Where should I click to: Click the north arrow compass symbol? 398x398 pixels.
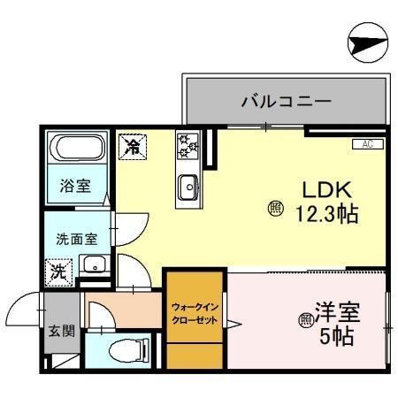(x=367, y=42)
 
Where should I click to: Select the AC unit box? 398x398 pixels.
(x=366, y=143)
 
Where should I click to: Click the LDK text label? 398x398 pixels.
(x=329, y=189)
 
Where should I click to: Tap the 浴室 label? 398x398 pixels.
(x=74, y=186)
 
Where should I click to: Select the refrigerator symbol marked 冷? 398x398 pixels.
(x=134, y=144)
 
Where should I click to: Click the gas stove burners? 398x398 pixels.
(x=189, y=145)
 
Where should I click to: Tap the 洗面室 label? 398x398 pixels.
(x=77, y=238)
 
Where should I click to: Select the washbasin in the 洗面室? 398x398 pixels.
(x=93, y=264)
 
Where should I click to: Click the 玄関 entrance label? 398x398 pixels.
(x=62, y=332)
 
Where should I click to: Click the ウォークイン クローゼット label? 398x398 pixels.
(x=195, y=313)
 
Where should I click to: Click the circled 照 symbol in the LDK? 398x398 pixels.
(x=275, y=209)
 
